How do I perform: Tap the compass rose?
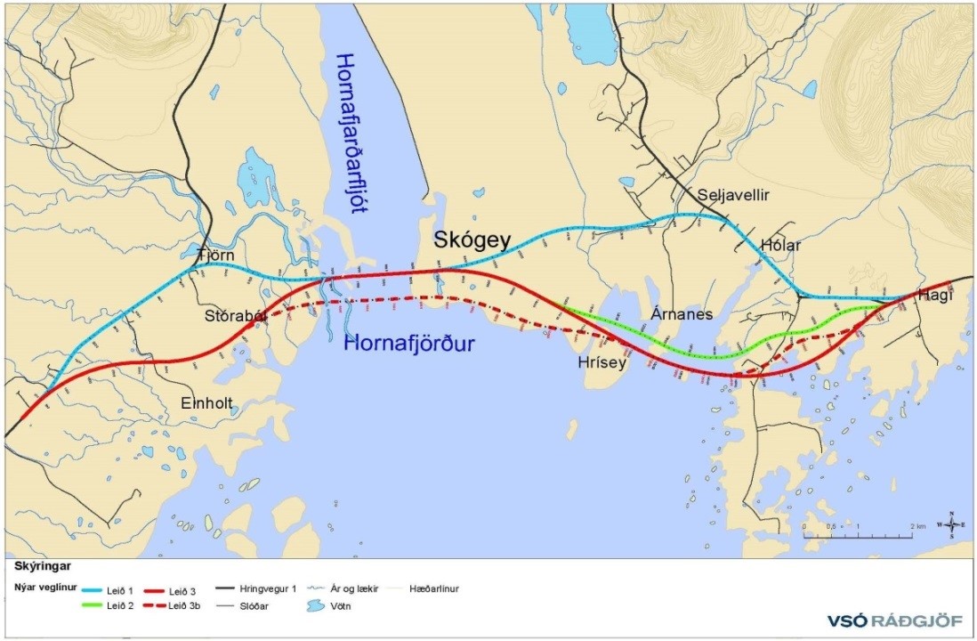[950, 525]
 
